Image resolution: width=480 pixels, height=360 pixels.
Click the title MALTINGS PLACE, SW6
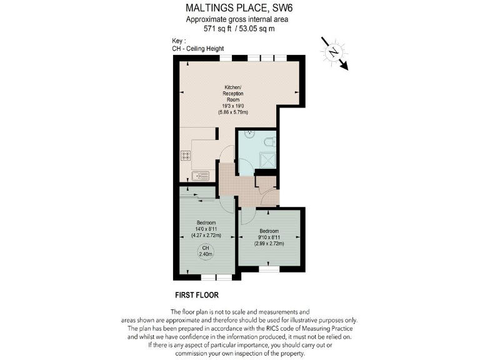(x=239, y=8)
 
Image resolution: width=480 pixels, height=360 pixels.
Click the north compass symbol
(x=334, y=52)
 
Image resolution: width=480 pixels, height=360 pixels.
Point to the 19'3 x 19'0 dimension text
(x=233, y=106)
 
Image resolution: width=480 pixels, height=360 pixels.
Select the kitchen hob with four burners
(x=186, y=156)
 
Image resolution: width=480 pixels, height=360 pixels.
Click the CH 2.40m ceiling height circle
(x=206, y=251)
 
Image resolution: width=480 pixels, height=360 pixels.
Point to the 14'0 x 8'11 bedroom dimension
(x=206, y=229)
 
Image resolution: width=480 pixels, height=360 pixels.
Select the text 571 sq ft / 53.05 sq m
(x=239, y=29)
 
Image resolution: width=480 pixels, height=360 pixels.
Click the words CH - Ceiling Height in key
(x=197, y=49)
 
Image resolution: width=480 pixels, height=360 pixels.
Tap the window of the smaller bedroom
(x=269, y=269)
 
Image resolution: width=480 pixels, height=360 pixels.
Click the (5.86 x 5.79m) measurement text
(x=233, y=112)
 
